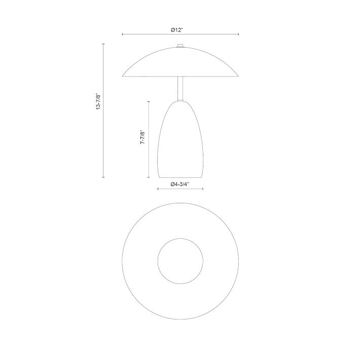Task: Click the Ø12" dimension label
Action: point(177,30)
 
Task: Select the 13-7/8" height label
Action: point(98,101)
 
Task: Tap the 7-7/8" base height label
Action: point(143,137)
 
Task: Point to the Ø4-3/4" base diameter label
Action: point(180,184)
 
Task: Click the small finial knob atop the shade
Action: point(180,46)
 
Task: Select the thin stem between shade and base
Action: point(180,88)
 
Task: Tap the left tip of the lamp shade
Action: point(122,76)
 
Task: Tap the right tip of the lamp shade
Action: point(238,76)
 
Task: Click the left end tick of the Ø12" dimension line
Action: point(122,34)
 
